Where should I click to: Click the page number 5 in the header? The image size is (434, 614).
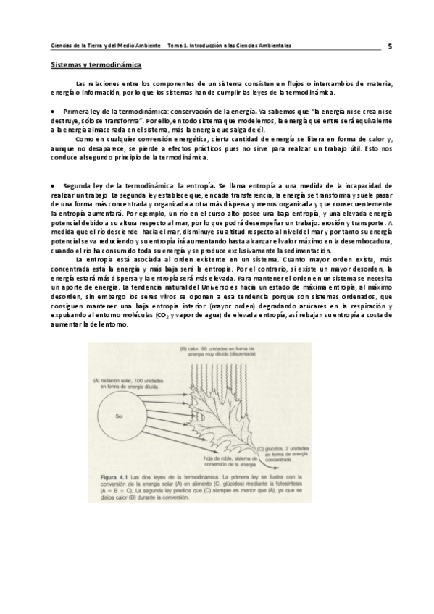coord(390,46)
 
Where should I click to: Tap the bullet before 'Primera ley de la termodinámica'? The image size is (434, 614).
coord(54,111)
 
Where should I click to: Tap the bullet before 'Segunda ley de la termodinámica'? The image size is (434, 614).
coord(54,186)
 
